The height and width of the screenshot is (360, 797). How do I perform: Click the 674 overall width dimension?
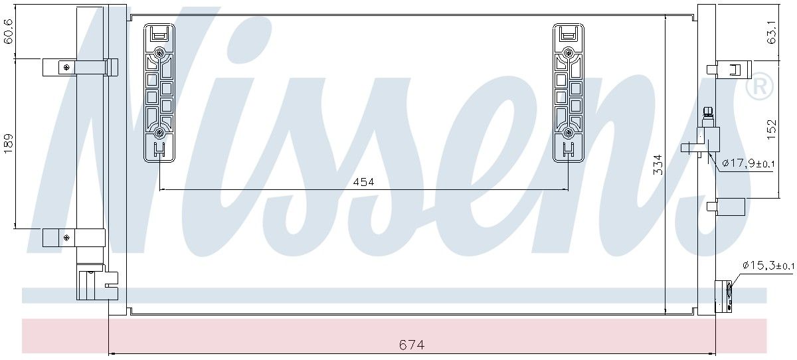click(412, 345)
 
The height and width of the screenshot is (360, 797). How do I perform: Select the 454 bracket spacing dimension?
click(364, 182)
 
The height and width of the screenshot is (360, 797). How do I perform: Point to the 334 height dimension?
click(659, 165)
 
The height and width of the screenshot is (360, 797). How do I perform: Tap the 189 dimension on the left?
click(9, 143)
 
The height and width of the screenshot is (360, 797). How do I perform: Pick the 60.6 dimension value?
click(9, 31)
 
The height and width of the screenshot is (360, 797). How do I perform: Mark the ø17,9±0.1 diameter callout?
click(749, 163)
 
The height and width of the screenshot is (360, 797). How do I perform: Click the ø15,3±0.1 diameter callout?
click(768, 266)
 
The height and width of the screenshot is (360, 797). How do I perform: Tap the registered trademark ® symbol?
click(759, 86)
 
